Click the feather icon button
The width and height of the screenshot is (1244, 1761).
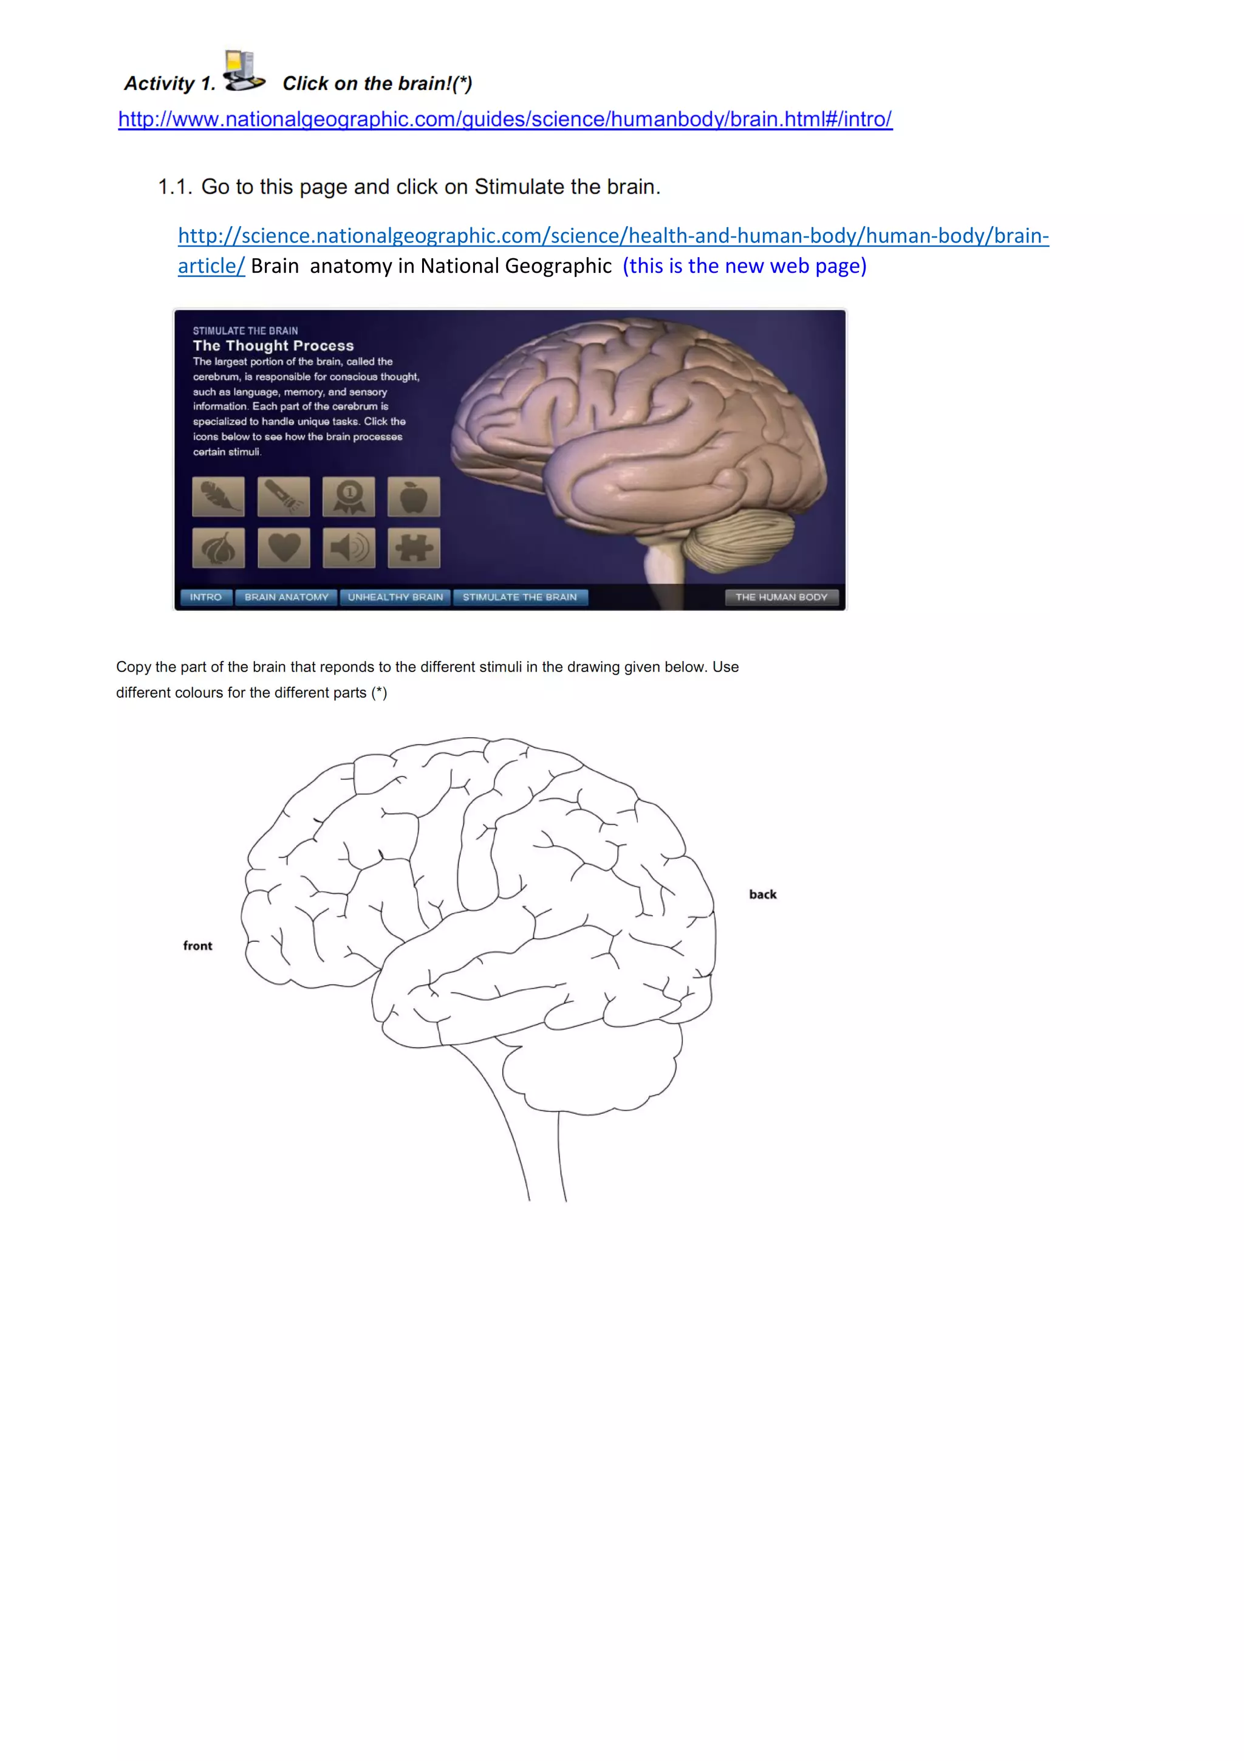tap(219, 496)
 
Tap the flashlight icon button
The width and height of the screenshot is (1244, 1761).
tap(284, 496)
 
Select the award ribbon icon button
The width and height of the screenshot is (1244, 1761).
tap(349, 496)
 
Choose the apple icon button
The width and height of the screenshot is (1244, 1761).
tap(414, 496)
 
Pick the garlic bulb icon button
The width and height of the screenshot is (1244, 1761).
tap(219, 548)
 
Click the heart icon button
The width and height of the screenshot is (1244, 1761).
tap(284, 548)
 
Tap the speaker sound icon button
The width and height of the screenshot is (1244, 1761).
tap(349, 548)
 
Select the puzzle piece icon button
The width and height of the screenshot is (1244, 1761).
tap(414, 548)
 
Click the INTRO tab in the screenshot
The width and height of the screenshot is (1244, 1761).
tap(205, 597)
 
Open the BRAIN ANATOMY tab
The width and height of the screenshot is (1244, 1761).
tap(287, 597)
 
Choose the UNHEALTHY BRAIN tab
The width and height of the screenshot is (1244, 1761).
tap(395, 597)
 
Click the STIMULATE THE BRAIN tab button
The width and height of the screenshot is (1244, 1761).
tap(520, 597)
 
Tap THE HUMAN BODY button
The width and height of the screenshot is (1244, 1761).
tap(781, 597)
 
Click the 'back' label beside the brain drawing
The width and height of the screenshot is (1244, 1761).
tap(763, 894)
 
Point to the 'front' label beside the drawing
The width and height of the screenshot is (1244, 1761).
tap(198, 946)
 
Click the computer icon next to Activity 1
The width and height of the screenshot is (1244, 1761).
tap(243, 70)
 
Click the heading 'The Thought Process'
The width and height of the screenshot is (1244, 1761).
tap(273, 346)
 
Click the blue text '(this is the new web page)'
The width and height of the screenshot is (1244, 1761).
tap(744, 266)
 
